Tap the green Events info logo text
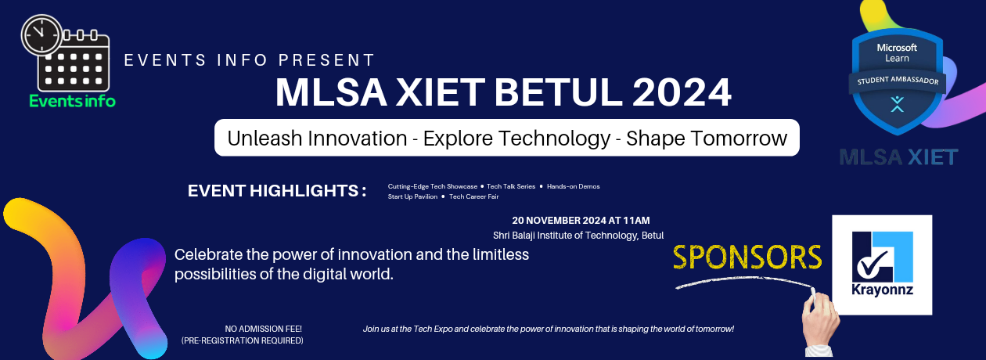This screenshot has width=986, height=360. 72,101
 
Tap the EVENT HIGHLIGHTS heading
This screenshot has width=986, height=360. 277,191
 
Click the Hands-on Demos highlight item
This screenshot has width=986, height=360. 573,186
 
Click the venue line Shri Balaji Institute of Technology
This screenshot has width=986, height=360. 578,235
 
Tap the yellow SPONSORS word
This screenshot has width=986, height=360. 747,257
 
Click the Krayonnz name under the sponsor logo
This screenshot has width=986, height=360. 882,289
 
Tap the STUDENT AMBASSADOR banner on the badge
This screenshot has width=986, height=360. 898,81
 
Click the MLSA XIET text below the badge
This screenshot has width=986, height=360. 898,157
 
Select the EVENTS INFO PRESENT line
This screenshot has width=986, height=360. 250,60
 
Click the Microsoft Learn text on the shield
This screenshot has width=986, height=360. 897,52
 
